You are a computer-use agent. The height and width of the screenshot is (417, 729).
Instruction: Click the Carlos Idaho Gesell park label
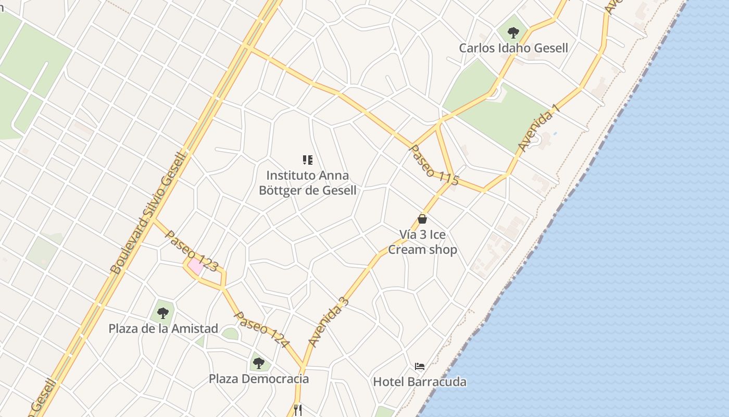pos(513,48)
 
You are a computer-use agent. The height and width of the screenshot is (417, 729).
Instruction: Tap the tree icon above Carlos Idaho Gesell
pos(513,33)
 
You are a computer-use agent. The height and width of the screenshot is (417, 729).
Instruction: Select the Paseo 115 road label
pos(434,165)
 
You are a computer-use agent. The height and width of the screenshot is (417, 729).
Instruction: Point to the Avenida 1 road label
pos(538,128)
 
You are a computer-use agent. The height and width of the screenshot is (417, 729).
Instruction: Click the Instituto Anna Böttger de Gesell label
pos(308,183)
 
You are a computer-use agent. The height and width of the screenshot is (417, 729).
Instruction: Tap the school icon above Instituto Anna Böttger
pos(308,160)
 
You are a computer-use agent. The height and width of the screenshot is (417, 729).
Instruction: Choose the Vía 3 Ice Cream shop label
pos(422,242)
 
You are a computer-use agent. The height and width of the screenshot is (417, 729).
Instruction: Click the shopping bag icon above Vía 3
pos(422,219)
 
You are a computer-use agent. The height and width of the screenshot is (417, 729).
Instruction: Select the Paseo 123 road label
pos(192,251)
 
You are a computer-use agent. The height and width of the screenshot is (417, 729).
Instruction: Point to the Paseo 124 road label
pos(261,329)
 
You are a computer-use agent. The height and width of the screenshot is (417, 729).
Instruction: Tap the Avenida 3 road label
pos(328,322)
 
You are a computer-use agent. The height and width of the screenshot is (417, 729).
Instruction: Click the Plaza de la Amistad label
pos(163,328)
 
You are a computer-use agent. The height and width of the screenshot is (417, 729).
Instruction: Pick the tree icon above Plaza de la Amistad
pos(163,313)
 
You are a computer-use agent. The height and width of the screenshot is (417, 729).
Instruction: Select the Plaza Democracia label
pos(259,378)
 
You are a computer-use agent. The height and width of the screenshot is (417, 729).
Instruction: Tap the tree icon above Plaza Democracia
pos(259,363)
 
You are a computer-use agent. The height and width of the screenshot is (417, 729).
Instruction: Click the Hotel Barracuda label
pos(420,382)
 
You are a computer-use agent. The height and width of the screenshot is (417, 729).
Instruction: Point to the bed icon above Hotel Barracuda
pos(420,366)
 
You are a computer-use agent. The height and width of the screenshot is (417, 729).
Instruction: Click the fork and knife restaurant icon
pos(297,410)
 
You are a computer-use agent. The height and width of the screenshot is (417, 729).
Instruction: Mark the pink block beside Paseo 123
pos(196,266)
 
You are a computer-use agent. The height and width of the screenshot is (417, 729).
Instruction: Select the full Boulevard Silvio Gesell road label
pos(148,213)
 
